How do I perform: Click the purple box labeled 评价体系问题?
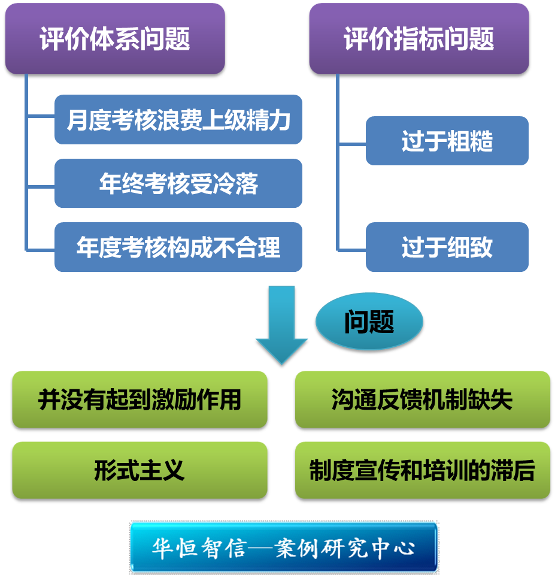point(114,40)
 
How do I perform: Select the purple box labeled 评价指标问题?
point(418,40)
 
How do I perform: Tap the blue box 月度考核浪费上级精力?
point(178,120)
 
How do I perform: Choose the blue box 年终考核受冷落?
point(178,183)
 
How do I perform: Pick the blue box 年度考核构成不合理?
point(178,247)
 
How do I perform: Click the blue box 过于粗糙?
point(447,141)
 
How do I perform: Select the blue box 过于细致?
point(447,247)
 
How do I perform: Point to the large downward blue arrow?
point(281,323)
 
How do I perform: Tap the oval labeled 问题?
point(369,323)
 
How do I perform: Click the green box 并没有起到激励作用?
point(139,400)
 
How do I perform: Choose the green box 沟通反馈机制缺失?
point(422,400)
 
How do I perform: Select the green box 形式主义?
point(139,471)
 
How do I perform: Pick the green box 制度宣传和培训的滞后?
point(422,471)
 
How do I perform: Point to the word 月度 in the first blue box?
point(89,120)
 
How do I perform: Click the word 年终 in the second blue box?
point(122,183)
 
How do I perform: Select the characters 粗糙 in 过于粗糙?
point(470,141)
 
